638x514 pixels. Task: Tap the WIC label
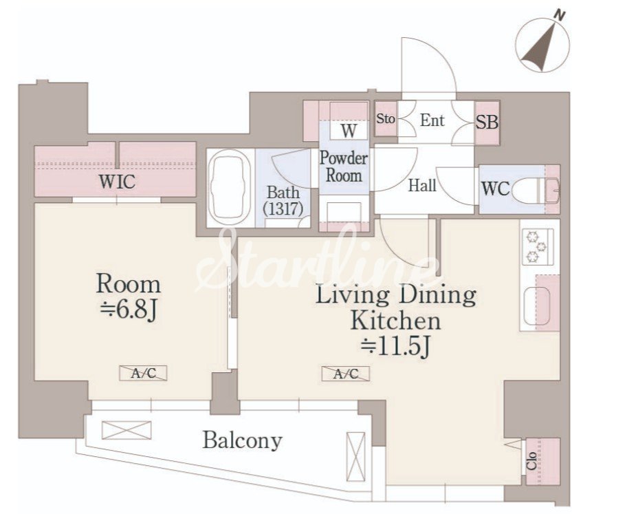117,182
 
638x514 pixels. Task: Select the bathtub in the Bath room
228,187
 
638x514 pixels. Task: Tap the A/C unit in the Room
143,373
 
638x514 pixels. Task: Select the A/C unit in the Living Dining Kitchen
345,374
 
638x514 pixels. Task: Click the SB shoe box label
487,122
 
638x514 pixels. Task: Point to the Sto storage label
385,119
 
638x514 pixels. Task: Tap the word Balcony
243,440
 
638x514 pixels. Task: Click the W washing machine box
349,131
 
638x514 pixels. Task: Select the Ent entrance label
432,120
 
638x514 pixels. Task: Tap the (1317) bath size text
283,209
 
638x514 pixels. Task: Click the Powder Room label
344,167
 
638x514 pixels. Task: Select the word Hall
422,186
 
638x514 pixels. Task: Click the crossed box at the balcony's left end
126,430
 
